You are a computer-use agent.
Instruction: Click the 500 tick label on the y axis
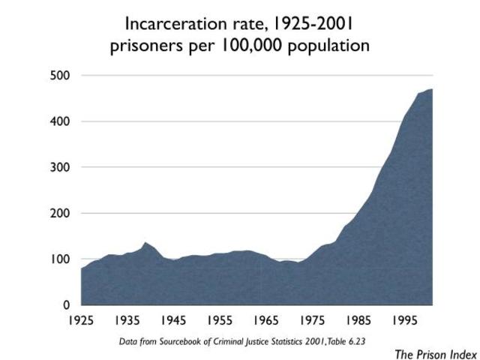pos(61,76)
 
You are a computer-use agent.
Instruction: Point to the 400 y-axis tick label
pos(61,121)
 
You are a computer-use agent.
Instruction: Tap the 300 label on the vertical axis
pos(61,167)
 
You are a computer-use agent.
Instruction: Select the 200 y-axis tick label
pos(61,213)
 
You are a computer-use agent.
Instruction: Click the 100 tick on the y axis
pos(61,259)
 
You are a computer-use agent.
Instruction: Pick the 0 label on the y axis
pos(66,305)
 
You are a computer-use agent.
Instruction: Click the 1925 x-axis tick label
pos(81,321)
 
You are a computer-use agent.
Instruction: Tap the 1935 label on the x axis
pos(127,321)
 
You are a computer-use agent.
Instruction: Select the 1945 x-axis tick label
pos(173,321)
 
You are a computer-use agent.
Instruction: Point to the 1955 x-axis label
pos(220,321)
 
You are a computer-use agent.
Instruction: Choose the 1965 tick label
pos(266,321)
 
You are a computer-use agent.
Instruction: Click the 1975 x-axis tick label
pos(313,321)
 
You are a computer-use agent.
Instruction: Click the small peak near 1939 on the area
pos(145,243)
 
